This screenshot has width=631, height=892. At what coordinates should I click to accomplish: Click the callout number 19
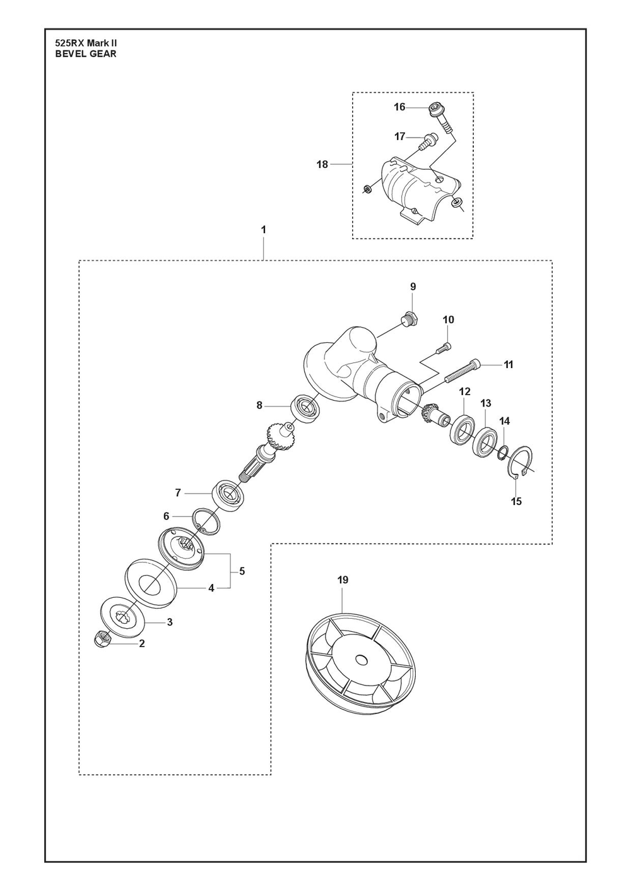343,580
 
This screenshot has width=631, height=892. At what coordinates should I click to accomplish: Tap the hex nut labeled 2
103,639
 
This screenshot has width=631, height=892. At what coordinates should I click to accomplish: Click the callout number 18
322,165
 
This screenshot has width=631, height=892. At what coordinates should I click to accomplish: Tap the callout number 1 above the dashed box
264,230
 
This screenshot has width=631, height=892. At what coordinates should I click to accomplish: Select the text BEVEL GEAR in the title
86,54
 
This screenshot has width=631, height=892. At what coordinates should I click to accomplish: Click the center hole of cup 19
360,660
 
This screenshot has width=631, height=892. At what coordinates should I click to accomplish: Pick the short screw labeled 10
444,347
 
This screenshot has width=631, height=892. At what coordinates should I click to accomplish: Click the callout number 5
242,571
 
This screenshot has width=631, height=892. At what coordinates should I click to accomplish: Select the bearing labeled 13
487,441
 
